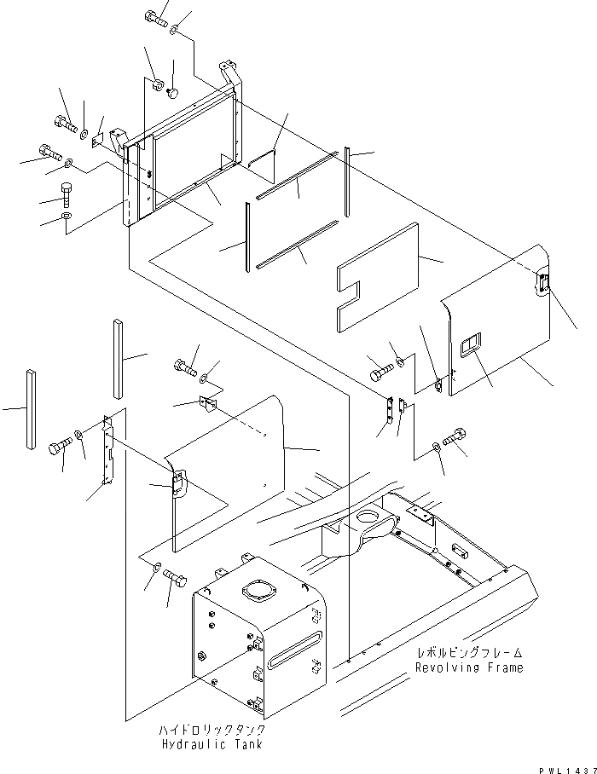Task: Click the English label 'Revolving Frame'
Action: point(469,667)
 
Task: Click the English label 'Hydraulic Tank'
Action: point(212,744)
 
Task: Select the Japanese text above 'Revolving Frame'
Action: point(469,653)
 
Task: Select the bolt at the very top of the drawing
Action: point(155,19)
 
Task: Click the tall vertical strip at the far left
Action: point(32,408)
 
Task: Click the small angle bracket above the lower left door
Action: point(207,404)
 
